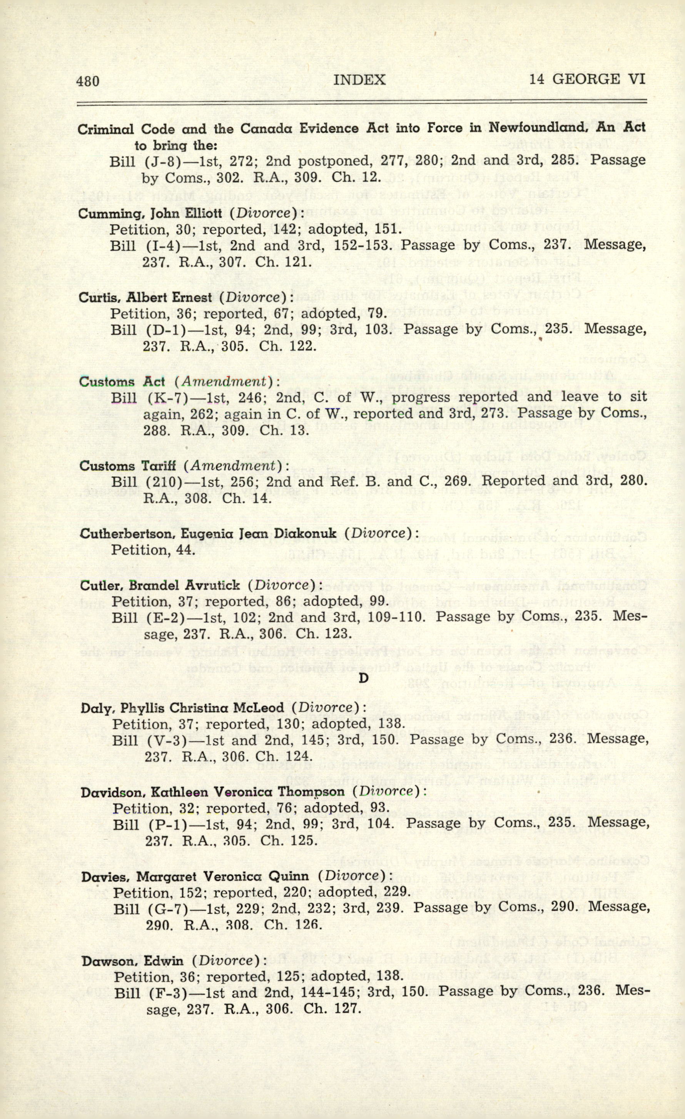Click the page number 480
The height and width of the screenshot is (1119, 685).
[88, 81]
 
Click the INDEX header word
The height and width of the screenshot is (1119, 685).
[359, 80]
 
